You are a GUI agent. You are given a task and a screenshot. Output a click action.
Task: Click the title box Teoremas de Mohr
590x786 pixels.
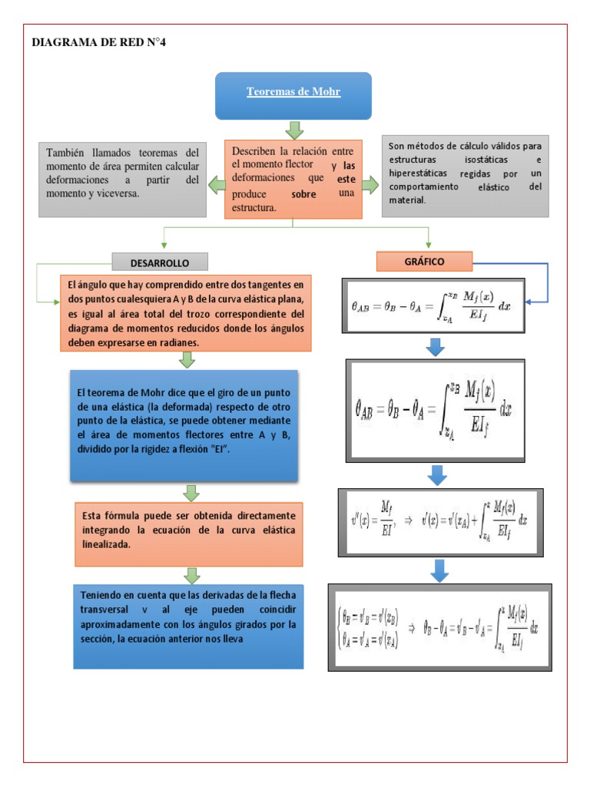click(x=293, y=95)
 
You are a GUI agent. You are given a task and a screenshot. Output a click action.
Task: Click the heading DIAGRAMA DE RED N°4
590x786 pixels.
click(x=98, y=42)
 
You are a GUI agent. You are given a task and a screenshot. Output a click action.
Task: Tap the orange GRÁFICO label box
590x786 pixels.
click(x=424, y=261)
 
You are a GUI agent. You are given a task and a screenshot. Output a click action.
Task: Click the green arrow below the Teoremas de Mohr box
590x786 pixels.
click(x=293, y=130)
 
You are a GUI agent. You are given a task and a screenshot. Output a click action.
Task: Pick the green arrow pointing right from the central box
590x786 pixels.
click(x=370, y=184)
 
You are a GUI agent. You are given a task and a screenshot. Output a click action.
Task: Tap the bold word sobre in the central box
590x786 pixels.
click(x=304, y=194)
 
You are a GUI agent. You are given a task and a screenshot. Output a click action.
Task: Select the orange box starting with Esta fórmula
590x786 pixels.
click(x=189, y=530)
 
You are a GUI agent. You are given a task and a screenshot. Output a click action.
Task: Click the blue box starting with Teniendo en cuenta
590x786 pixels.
click(x=189, y=626)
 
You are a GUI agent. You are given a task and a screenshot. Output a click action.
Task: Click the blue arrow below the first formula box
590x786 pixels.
click(x=436, y=346)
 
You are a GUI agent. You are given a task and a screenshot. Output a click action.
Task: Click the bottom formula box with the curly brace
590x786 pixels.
click(x=439, y=626)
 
